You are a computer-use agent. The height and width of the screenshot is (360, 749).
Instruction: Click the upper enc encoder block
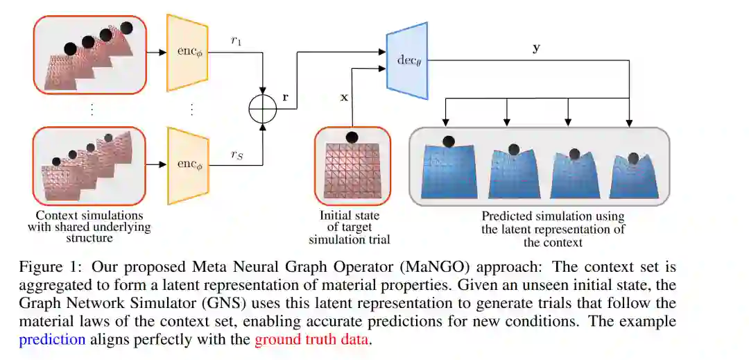pyautogui.click(x=187, y=53)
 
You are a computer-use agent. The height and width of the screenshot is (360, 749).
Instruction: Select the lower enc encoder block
pyautogui.click(x=187, y=165)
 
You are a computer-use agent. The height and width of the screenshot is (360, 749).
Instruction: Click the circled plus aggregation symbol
pyautogui.click(x=264, y=109)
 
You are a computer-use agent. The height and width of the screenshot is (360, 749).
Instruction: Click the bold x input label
pyautogui.click(x=344, y=97)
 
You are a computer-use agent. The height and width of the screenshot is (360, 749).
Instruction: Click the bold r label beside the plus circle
pyautogui.click(x=285, y=96)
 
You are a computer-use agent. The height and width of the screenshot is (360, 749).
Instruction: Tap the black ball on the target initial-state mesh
pyautogui.click(x=352, y=137)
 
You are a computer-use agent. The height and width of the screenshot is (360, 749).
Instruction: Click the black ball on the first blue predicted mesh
pyautogui.click(x=449, y=142)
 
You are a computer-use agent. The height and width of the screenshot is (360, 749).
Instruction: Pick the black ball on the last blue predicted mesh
pyautogui.click(x=634, y=159)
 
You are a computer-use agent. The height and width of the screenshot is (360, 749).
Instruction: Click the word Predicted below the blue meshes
pyautogui.click(x=506, y=216)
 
